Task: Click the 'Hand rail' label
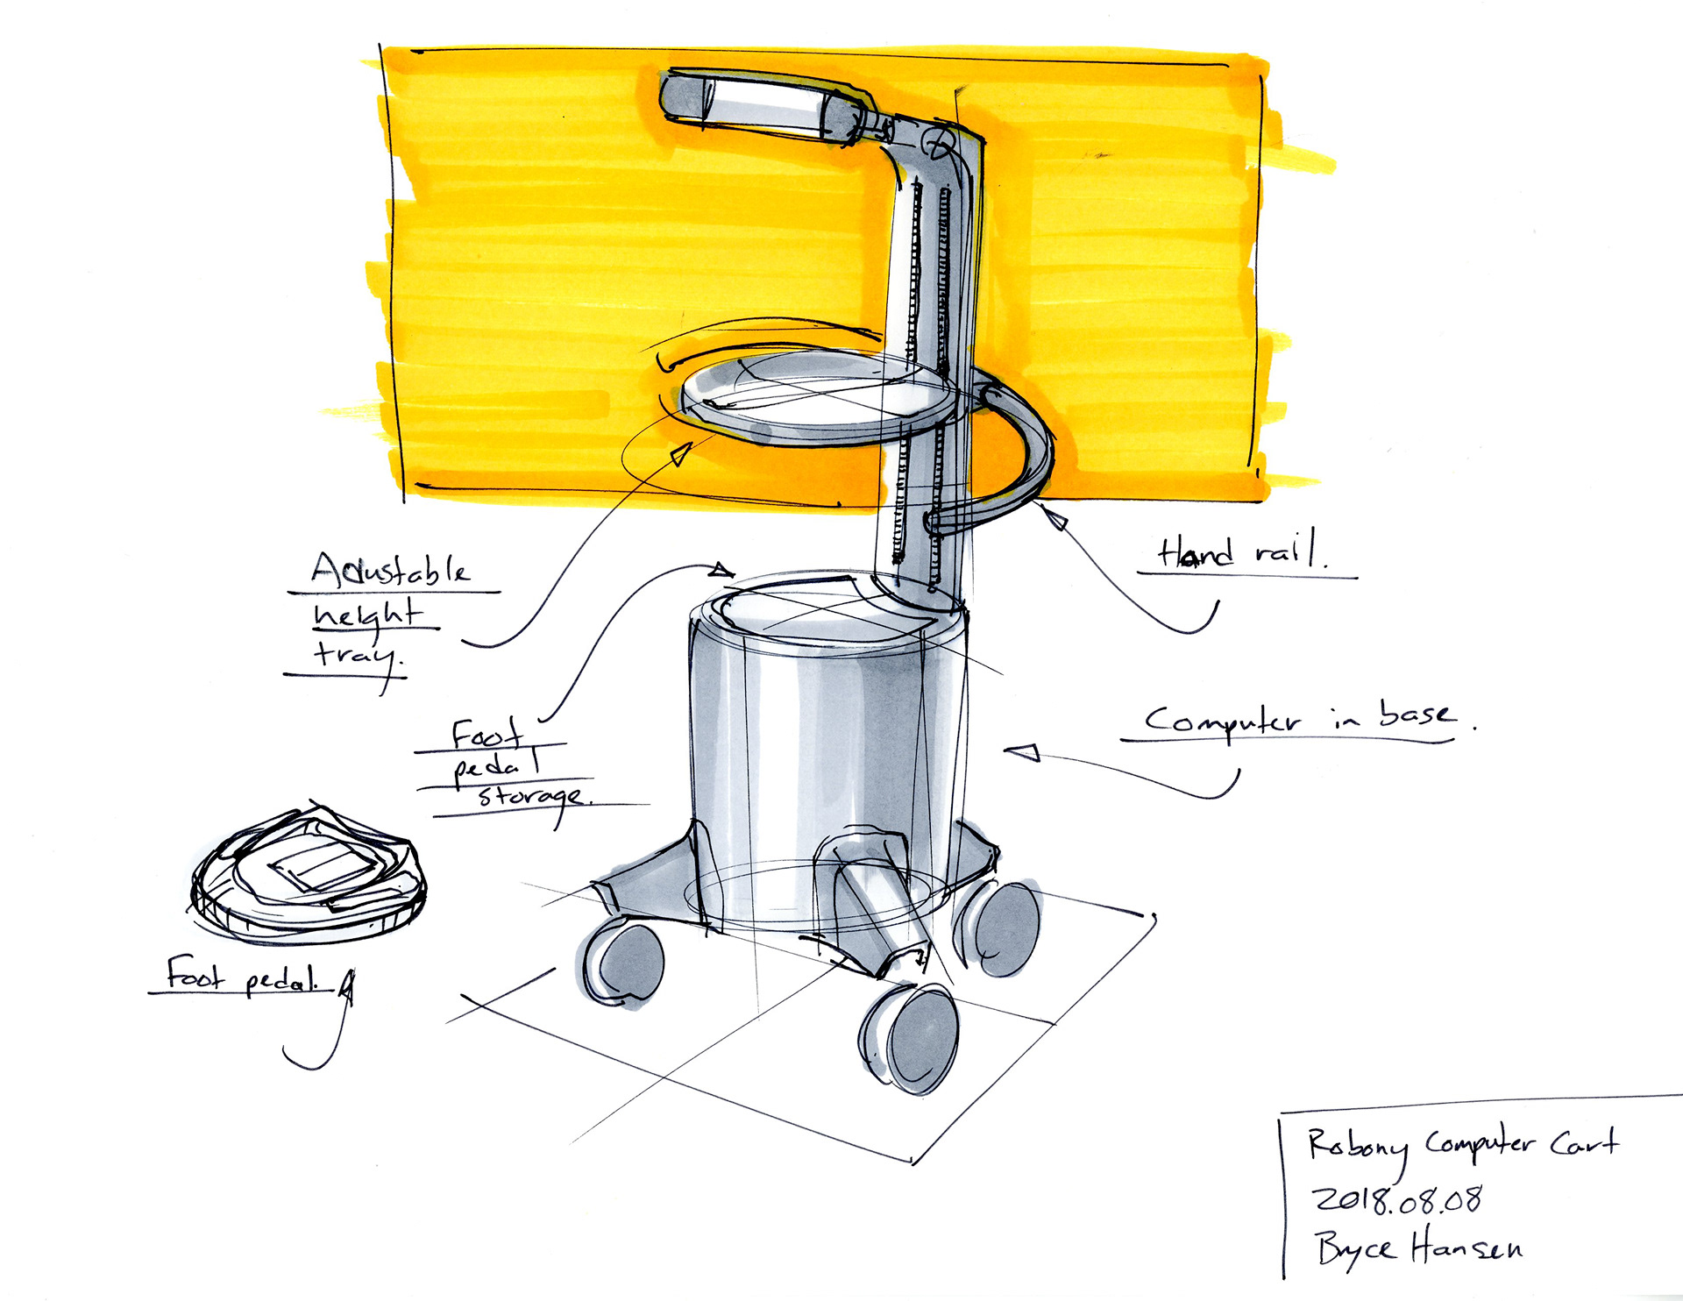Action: pyautogui.click(x=1241, y=553)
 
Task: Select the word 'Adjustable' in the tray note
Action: pyautogui.click(x=391, y=571)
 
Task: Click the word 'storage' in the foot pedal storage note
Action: pyautogui.click(x=531, y=796)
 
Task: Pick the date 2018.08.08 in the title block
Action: pyautogui.click(x=1396, y=1199)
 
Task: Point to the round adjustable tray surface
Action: pyautogui.click(x=815, y=395)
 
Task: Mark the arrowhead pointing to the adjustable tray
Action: pyautogui.click(x=680, y=454)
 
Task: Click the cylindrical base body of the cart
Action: pyautogui.click(x=824, y=745)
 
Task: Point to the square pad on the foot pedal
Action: pyautogui.click(x=324, y=869)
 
